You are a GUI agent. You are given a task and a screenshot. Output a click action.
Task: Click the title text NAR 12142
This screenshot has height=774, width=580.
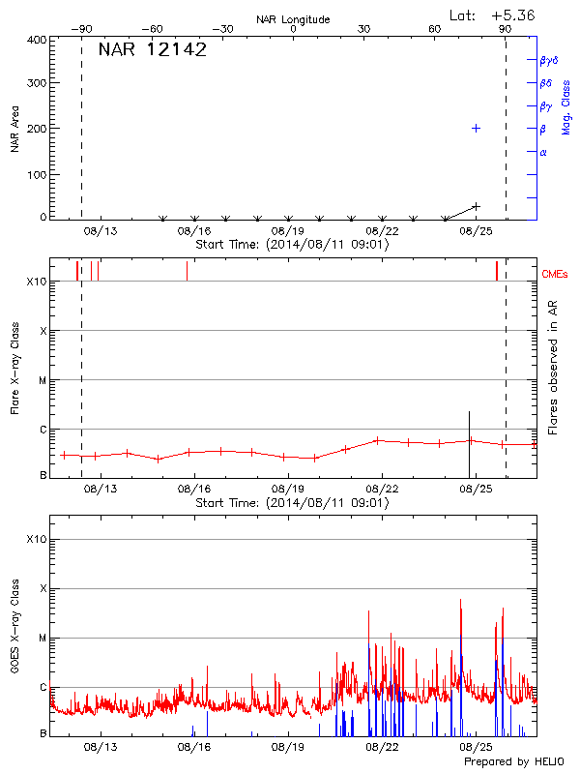tap(153, 50)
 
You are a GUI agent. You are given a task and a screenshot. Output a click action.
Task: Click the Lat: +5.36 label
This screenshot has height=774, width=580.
tap(493, 15)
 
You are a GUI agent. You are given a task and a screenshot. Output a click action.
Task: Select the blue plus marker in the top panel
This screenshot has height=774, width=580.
tap(476, 128)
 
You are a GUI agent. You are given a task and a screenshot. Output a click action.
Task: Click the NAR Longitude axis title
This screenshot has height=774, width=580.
tap(293, 19)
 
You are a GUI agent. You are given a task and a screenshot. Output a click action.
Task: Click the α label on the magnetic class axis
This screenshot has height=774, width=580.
tap(543, 152)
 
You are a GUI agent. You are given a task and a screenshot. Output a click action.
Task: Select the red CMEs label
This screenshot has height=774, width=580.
tap(556, 276)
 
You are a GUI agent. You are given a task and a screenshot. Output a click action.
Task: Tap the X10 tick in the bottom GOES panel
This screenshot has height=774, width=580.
tap(36, 539)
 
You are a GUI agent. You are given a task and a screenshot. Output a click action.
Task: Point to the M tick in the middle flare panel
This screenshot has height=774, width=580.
tap(42, 380)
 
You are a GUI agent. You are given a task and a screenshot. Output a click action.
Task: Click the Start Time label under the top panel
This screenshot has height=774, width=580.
tap(292, 245)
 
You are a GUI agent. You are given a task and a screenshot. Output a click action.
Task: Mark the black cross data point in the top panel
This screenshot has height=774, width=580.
tap(476, 206)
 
